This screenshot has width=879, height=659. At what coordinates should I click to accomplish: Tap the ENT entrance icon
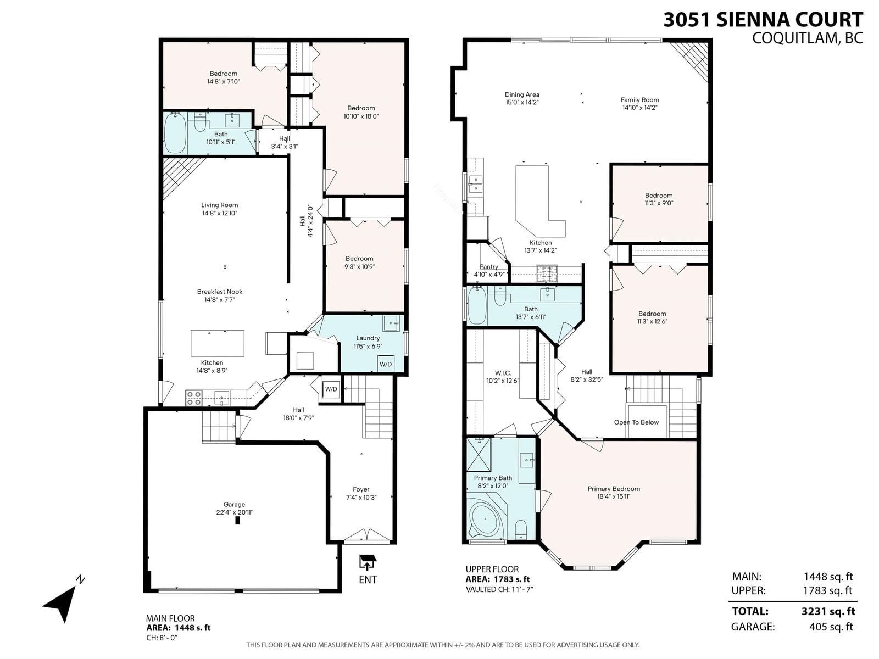(x=368, y=563)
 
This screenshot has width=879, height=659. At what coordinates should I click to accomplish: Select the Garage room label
(x=234, y=505)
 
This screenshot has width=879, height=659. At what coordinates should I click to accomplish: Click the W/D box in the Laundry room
(x=386, y=364)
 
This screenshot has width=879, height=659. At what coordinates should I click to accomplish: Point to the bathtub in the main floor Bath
(x=175, y=132)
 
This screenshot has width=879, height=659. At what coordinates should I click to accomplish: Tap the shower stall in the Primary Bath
(x=479, y=455)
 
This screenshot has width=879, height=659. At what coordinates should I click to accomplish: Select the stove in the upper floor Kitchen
(x=547, y=275)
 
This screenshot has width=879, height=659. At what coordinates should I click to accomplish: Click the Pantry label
(x=489, y=267)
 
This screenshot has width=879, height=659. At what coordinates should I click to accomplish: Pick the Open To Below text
(x=636, y=422)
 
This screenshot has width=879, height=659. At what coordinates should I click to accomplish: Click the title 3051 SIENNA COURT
(x=763, y=20)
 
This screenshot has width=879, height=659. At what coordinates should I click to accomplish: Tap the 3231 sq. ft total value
(x=828, y=611)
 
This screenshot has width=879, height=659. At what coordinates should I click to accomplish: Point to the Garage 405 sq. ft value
(x=831, y=627)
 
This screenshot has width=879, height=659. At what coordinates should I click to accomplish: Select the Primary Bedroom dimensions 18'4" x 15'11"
(x=614, y=496)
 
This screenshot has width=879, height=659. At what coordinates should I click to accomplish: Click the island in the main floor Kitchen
(x=218, y=343)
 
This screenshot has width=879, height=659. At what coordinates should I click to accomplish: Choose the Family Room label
(x=640, y=100)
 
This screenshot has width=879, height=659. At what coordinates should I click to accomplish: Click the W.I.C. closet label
(x=503, y=373)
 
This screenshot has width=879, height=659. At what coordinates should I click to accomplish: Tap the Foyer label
(x=361, y=489)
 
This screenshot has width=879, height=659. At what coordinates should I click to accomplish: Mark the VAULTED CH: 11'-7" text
(x=499, y=589)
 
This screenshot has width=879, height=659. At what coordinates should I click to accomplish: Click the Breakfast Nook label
(x=219, y=292)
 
